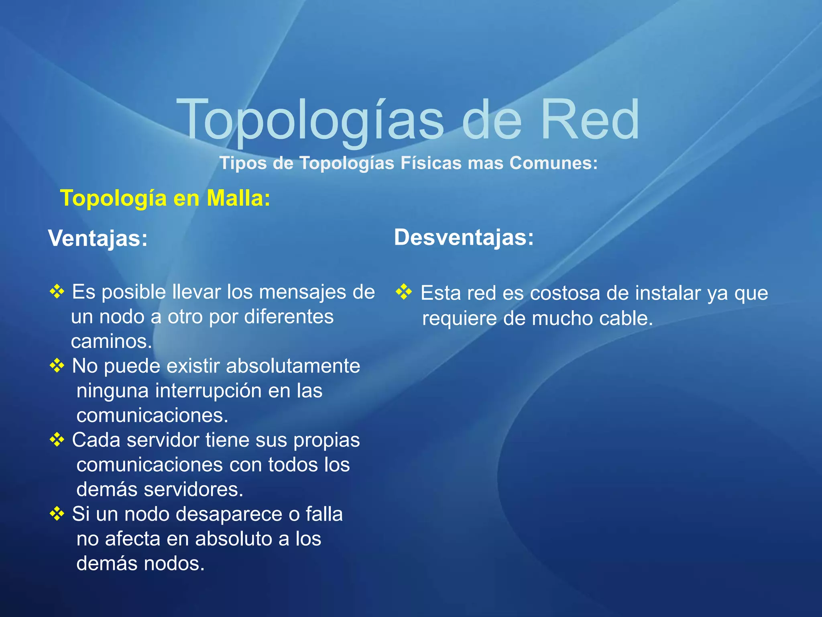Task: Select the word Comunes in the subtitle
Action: coord(553,163)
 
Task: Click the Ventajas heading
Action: coord(98,238)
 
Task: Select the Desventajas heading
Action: coord(464,237)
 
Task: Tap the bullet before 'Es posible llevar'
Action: coord(57,292)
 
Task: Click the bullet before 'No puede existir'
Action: coord(57,366)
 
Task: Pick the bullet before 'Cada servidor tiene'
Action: coord(57,439)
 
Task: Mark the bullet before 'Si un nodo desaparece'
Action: coord(57,513)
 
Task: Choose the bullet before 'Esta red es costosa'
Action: coord(404,292)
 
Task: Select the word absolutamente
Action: coord(293,366)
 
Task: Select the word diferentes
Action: coord(289,317)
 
